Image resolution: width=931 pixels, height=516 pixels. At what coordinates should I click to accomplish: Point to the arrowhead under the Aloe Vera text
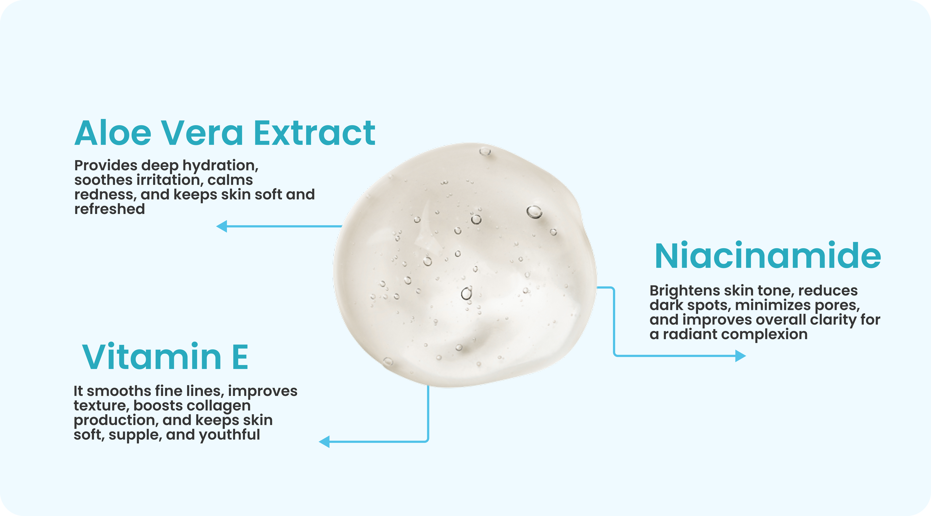click(221, 226)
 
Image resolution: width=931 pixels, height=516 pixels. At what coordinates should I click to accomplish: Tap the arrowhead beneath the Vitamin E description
click(324, 442)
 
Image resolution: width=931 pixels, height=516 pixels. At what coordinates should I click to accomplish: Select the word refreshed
click(109, 209)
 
